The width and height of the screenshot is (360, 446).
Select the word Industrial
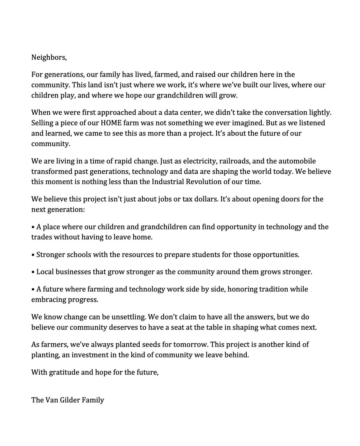[168, 182]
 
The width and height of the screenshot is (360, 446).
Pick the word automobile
[297, 161]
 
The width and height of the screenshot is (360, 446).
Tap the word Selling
[42, 123]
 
